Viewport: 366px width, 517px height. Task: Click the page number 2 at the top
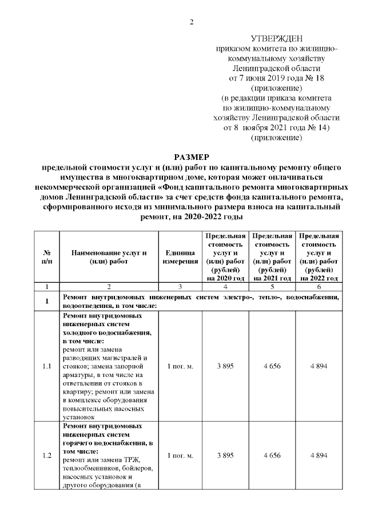coord(192,22)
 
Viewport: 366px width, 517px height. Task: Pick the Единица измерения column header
coord(178,257)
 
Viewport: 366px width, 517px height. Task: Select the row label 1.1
coord(47,366)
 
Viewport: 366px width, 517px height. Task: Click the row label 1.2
coord(47,456)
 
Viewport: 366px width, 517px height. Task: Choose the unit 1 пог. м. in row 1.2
coord(178,456)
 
